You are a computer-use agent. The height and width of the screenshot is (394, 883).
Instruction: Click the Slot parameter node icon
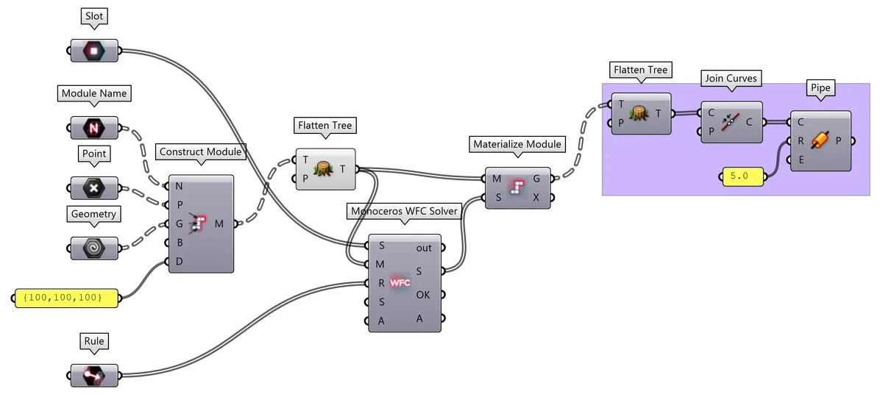[x=94, y=51]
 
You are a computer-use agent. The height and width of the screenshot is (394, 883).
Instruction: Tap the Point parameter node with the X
[x=93, y=188]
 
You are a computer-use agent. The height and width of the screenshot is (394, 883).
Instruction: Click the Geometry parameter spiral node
[x=93, y=248]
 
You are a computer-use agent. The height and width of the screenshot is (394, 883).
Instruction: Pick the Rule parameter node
[x=93, y=376]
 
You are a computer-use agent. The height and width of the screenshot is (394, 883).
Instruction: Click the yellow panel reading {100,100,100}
[x=67, y=298]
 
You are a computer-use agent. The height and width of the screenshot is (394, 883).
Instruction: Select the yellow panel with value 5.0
[x=742, y=176]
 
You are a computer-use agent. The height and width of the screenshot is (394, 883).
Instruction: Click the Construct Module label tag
[x=200, y=152]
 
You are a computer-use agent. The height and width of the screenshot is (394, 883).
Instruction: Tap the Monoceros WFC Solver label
[x=404, y=211]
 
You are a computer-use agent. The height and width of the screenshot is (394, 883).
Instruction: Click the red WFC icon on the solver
[x=400, y=282]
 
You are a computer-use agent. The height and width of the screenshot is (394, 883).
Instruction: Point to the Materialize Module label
[x=518, y=144]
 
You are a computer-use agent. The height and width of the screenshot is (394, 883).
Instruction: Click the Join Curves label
[x=731, y=78]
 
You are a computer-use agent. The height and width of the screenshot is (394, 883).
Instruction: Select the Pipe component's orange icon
[x=819, y=140]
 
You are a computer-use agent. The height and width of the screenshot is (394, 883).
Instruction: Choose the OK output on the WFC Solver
[x=423, y=295]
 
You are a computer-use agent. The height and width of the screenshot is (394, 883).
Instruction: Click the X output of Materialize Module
[x=536, y=197]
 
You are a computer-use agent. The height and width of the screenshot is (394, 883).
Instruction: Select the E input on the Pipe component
[x=800, y=159]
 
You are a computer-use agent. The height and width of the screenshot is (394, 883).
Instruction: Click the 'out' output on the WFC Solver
[x=424, y=248]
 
